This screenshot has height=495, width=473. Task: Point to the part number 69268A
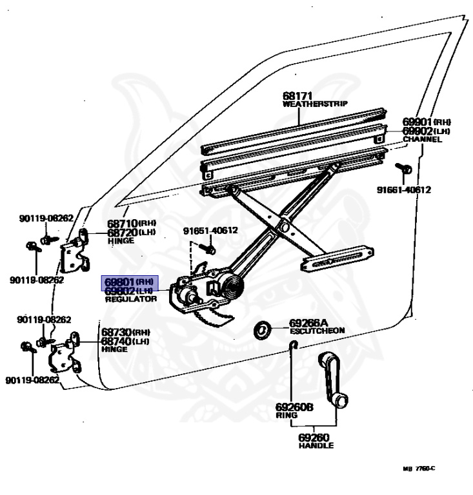click(309, 322)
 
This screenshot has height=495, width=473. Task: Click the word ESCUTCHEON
click(317, 331)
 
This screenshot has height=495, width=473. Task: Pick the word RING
click(285, 416)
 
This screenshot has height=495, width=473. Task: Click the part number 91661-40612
click(404, 189)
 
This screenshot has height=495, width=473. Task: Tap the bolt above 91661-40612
click(407, 168)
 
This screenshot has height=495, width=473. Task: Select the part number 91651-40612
click(210, 230)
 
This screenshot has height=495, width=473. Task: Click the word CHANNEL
click(423, 139)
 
